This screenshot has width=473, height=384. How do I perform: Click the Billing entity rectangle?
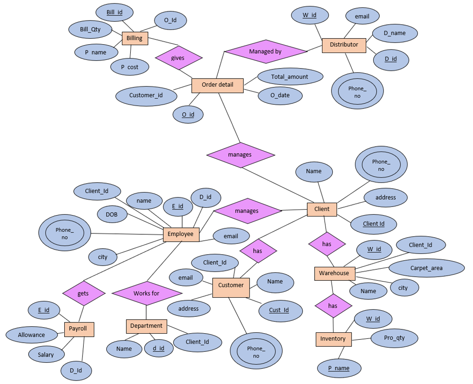pos(135,38)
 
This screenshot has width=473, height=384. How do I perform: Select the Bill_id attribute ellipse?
pos(114,13)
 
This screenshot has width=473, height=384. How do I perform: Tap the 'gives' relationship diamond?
pos(178,58)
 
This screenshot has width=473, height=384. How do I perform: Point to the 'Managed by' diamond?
pos(265,51)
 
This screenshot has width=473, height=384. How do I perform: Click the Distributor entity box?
pos(344,45)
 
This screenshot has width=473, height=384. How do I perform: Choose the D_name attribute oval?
pos(394,33)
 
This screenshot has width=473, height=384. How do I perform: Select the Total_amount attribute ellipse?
pos(290,77)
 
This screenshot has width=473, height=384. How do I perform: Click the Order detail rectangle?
pos(217,85)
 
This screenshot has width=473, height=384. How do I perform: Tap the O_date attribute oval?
pos(280,95)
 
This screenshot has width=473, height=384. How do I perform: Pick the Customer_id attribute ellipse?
pos(146,95)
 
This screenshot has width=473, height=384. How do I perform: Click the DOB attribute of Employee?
pos(112,214)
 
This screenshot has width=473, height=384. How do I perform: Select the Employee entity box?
pos(181,234)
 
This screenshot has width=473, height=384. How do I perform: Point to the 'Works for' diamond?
pos(146,293)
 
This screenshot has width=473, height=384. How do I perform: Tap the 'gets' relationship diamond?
pos(83,293)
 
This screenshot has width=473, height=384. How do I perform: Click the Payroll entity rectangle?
pos(79,329)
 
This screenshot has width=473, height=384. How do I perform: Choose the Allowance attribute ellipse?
pos(31,335)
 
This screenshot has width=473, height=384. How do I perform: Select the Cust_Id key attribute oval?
pos(279,310)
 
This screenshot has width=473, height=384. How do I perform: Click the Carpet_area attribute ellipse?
pos(426,268)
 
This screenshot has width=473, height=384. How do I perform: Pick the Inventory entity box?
pos(333,339)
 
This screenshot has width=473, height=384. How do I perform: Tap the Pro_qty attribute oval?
pos(394,338)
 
